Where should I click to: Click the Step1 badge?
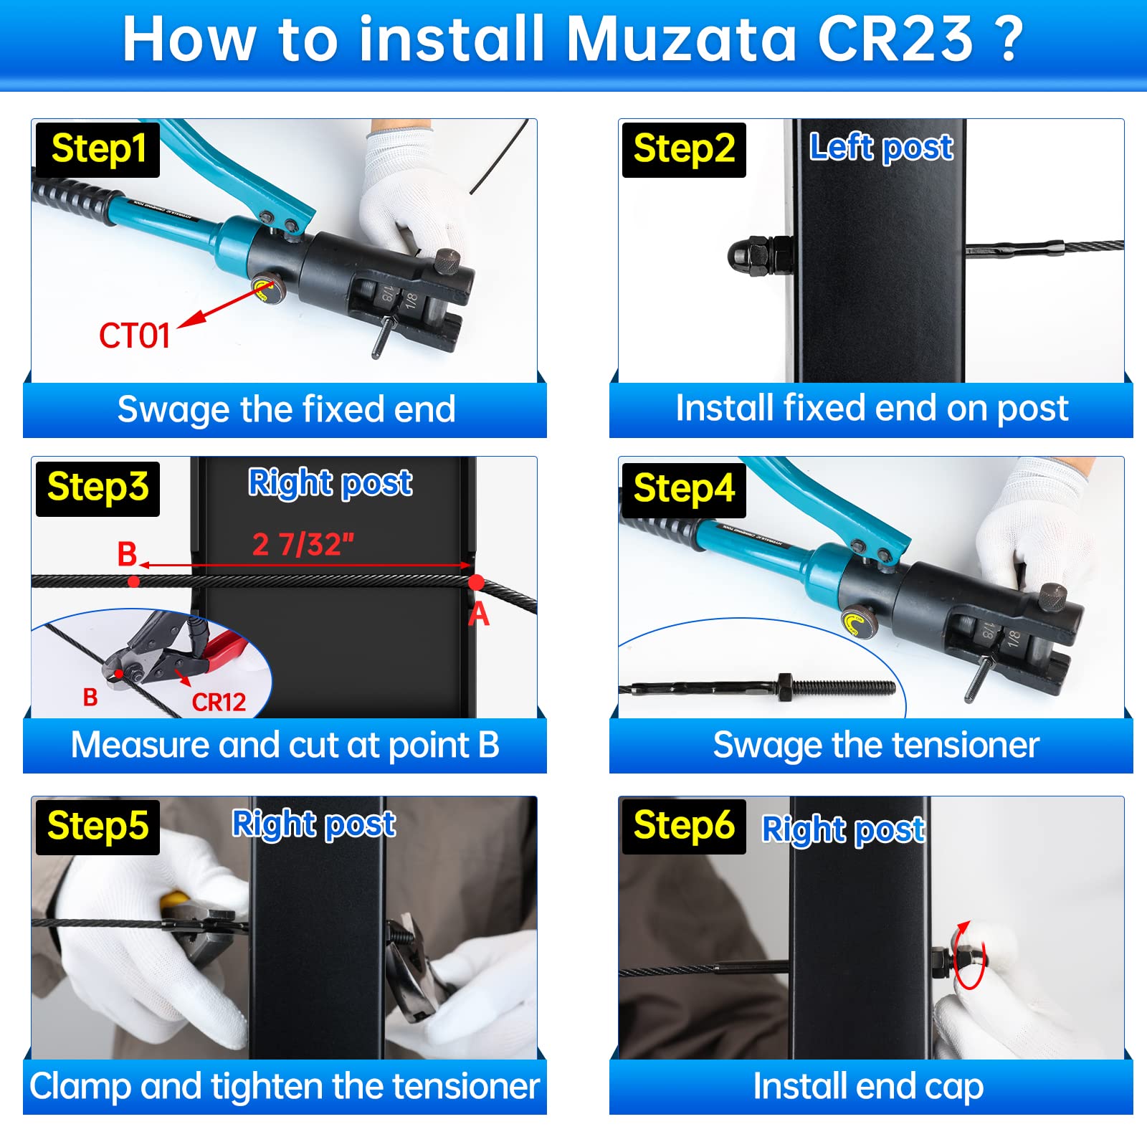[x=97, y=149]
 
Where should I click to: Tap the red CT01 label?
[x=134, y=335]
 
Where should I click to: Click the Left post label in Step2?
[x=880, y=148]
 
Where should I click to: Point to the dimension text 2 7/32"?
[x=303, y=545]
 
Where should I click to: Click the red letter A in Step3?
[x=479, y=614]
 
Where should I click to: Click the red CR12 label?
[x=219, y=702]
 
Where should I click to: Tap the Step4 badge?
[x=683, y=489]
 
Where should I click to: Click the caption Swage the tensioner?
[x=875, y=745]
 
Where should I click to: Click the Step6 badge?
[x=683, y=825]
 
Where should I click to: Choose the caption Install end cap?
[x=868, y=1086]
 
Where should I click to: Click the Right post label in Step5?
[x=313, y=824]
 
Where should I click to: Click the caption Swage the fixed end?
[x=286, y=409]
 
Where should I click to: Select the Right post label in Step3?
[x=330, y=482]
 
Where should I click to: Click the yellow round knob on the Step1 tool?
[x=266, y=290]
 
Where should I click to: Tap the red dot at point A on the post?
[x=476, y=582]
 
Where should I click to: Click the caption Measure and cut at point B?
[x=285, y=745]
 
